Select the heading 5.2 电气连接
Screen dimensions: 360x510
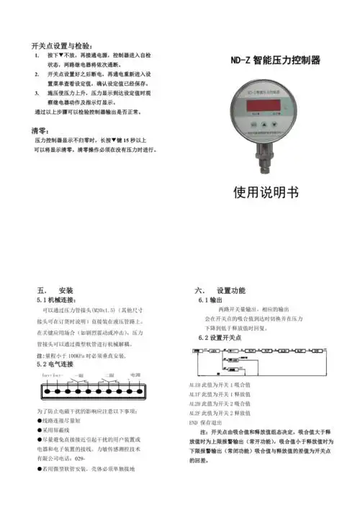(x=61, y=365)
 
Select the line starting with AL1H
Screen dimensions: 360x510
(x=215, y=386)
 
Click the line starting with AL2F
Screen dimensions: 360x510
(x=215, y=413)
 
